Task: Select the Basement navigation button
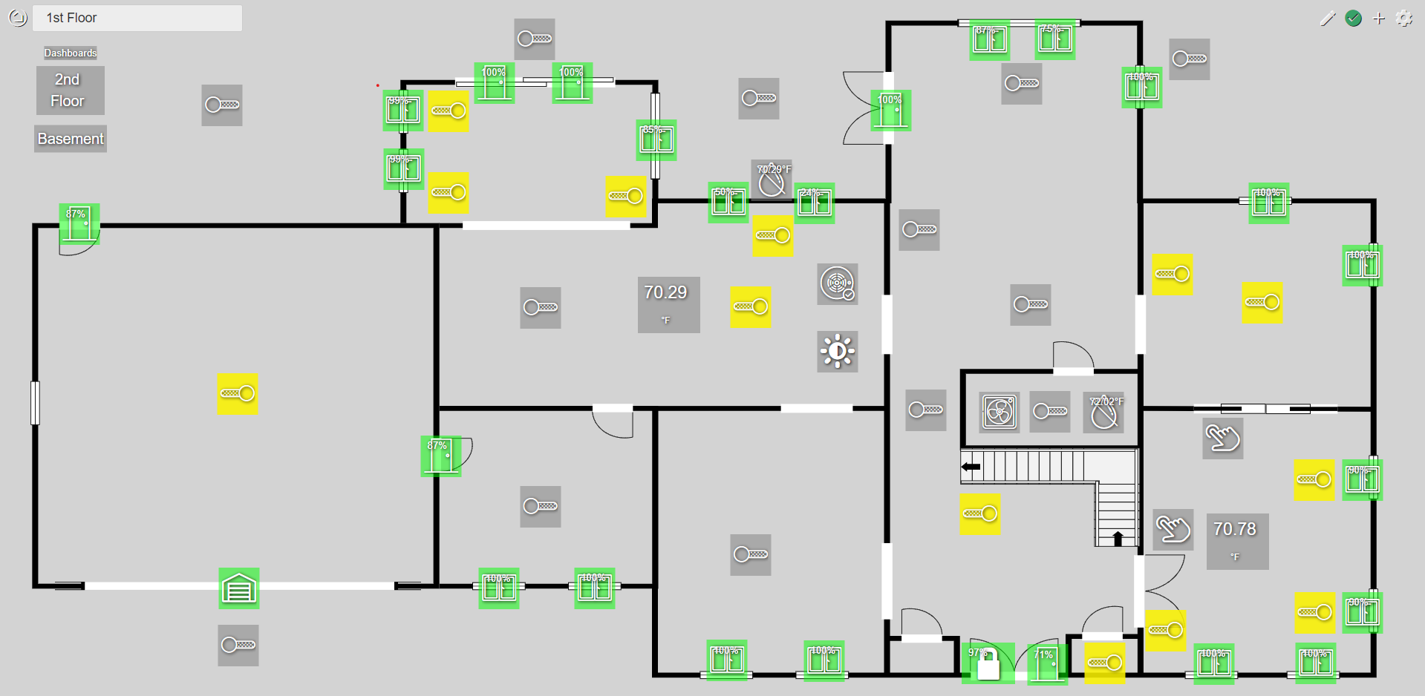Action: click(71, 139)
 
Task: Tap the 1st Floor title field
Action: click(137, 18)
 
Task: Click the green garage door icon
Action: click(238, 588)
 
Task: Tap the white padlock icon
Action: click(988, 665)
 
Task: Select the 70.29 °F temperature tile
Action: click(668, 304)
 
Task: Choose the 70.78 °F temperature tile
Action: click(1237, 541)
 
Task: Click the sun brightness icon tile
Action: click(838, 351)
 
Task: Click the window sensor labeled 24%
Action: click(815, 203)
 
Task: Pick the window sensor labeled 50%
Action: click(728, 203)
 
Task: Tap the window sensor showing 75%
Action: click(1055, 39)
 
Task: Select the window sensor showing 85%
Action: click(656, 139)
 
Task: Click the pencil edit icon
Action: click(1328, 19)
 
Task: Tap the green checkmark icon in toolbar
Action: click(1353, 19)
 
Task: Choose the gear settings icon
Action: click(1404, 19)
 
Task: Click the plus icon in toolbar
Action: click(1379, 19)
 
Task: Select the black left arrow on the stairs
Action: click(971, 467)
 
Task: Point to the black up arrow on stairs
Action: click(1118, 537)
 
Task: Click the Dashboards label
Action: click(71, 53)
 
